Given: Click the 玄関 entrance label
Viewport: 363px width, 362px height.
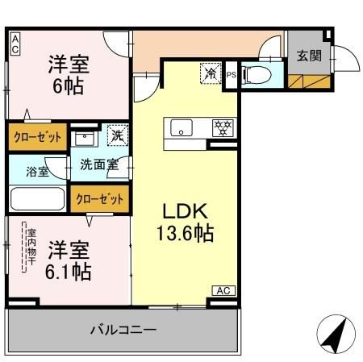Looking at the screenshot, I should pos(307,56).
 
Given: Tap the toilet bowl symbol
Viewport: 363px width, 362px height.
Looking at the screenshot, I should pos(257,75).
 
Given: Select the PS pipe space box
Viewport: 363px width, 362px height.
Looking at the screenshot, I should pos(232,75).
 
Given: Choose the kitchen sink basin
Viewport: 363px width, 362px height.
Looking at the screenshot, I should pos(181,127).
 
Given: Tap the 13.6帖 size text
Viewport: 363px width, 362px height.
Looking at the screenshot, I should pos(186,235).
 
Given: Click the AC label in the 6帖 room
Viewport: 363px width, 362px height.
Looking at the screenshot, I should pos(15,43).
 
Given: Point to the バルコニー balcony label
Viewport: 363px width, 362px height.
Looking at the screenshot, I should pos(123,330).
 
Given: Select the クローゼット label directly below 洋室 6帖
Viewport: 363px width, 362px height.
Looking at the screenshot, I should pos(37,137).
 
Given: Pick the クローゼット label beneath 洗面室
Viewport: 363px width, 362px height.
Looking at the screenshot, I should pos(100,198).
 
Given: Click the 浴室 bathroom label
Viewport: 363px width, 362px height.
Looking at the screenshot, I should pos(38,170).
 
